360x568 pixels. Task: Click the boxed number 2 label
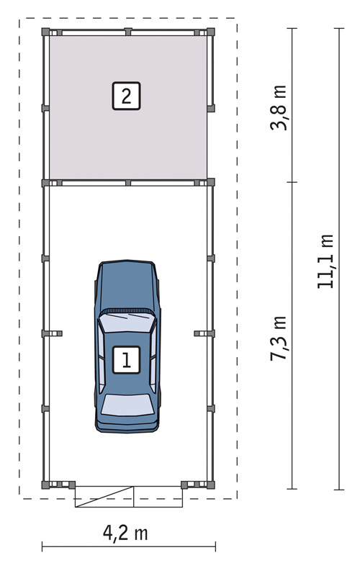(x=127, y=96)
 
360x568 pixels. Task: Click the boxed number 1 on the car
(x=127, y=360)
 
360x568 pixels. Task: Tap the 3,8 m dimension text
(x=279, y=108)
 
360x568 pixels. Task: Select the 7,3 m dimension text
(x=279, y=338)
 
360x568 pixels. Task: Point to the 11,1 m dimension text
(x=325, y=261)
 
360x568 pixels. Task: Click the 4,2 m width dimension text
(x=125, y=533)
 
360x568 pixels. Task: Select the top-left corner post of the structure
(x=45, y=32)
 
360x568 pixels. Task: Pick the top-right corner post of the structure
(x=211, y=32)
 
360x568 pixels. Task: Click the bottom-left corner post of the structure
(x=45, y=484)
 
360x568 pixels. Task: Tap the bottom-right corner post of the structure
(x=211, y=484)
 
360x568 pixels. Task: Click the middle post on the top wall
(x=128, y=32)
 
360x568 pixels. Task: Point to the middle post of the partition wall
(x=128, y=183)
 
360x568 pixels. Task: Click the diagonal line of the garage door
(x=104, y=497)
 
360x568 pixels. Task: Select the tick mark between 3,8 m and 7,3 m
(x=292, y=182)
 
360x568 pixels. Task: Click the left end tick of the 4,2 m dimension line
(x=42, y=546)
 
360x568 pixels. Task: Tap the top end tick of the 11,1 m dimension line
(x=339, y=28)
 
